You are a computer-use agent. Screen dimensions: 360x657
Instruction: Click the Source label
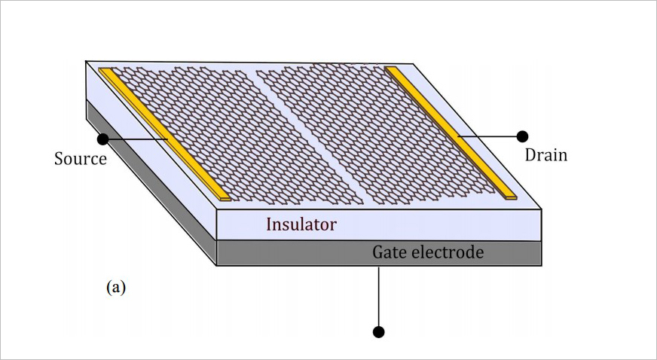click(x=81, y=160)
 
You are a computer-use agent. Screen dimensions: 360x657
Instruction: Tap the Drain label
click(x=545, y=155)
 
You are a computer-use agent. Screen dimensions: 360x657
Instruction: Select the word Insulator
click(x=301, y=224)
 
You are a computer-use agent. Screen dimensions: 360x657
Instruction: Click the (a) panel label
click(x=115, y=287)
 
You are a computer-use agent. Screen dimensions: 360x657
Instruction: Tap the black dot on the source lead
click(x=102, y=139)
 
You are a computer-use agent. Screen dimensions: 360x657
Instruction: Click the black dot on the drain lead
click(x=521, y=136)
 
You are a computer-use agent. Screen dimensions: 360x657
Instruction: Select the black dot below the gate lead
click(x=379, y=331)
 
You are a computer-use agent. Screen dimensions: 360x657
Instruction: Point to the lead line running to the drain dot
click(x=490, y=136)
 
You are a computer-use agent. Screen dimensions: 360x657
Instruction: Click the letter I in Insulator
click(x=269, y=224)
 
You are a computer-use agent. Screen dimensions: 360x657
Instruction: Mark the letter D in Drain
click(x=530, y=155)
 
